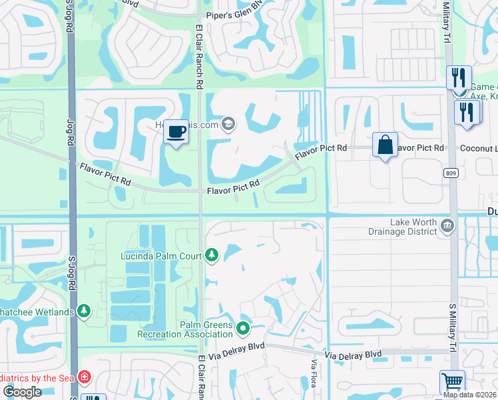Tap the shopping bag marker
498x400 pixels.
click(385, 145)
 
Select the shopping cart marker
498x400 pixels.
click(452, 383)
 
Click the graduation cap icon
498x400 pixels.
click(228, 123)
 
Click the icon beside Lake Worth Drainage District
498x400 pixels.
click(447, 227)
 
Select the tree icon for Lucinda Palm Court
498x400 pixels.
click(212, 255)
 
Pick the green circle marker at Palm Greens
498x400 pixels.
click(243, 327)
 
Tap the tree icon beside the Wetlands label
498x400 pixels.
click(84, 311)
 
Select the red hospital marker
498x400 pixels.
click(84, 378)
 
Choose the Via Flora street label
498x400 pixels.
click(314, 374)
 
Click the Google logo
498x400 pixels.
click(21, 392)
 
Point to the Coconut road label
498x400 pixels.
click(479, 147)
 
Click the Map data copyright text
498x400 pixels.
click(470, 395)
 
